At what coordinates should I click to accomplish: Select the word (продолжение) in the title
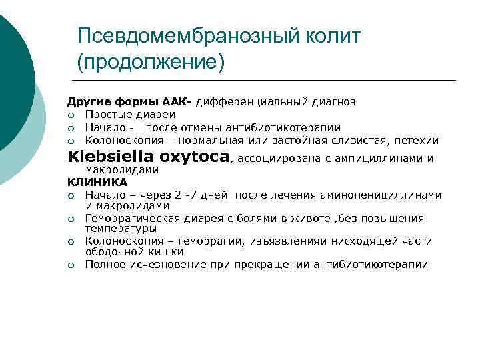pos(151,63)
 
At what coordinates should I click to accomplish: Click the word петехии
pos(417,140)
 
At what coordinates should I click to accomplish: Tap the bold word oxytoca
pos(196,157)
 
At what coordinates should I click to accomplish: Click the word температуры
pos(117,228)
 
